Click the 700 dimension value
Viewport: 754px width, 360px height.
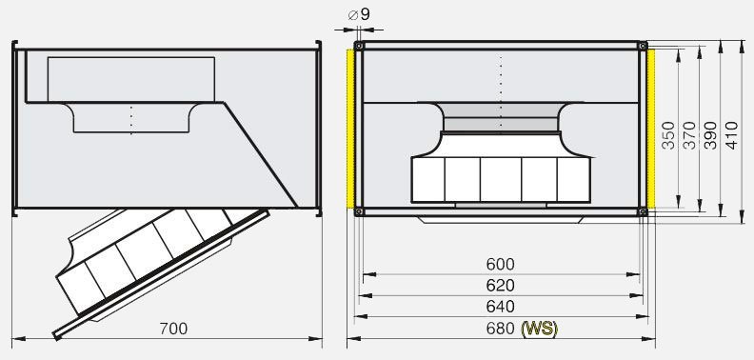(173, 329)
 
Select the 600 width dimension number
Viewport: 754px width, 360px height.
(500, 264)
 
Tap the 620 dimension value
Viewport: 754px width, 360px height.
(500, 286)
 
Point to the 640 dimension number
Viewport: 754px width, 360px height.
(500, 307)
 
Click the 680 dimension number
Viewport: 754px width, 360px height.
(501, 329)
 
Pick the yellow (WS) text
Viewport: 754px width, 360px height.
(540, 329)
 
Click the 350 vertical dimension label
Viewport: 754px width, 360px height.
(668, 135)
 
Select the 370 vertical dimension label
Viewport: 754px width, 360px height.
(689, 135)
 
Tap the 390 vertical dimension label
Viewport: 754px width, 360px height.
(710, 135)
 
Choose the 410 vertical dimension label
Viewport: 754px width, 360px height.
(731, 135)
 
